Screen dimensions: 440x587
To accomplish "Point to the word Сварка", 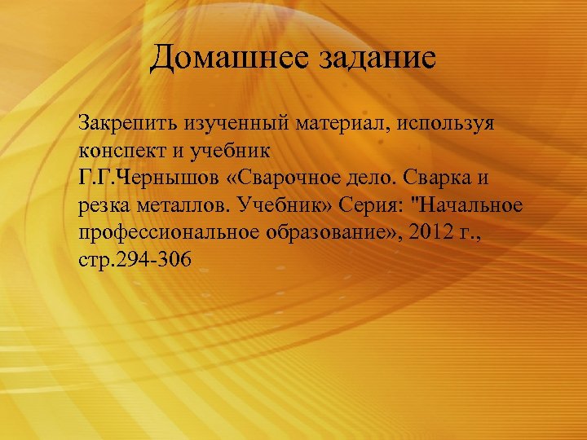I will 452,178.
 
